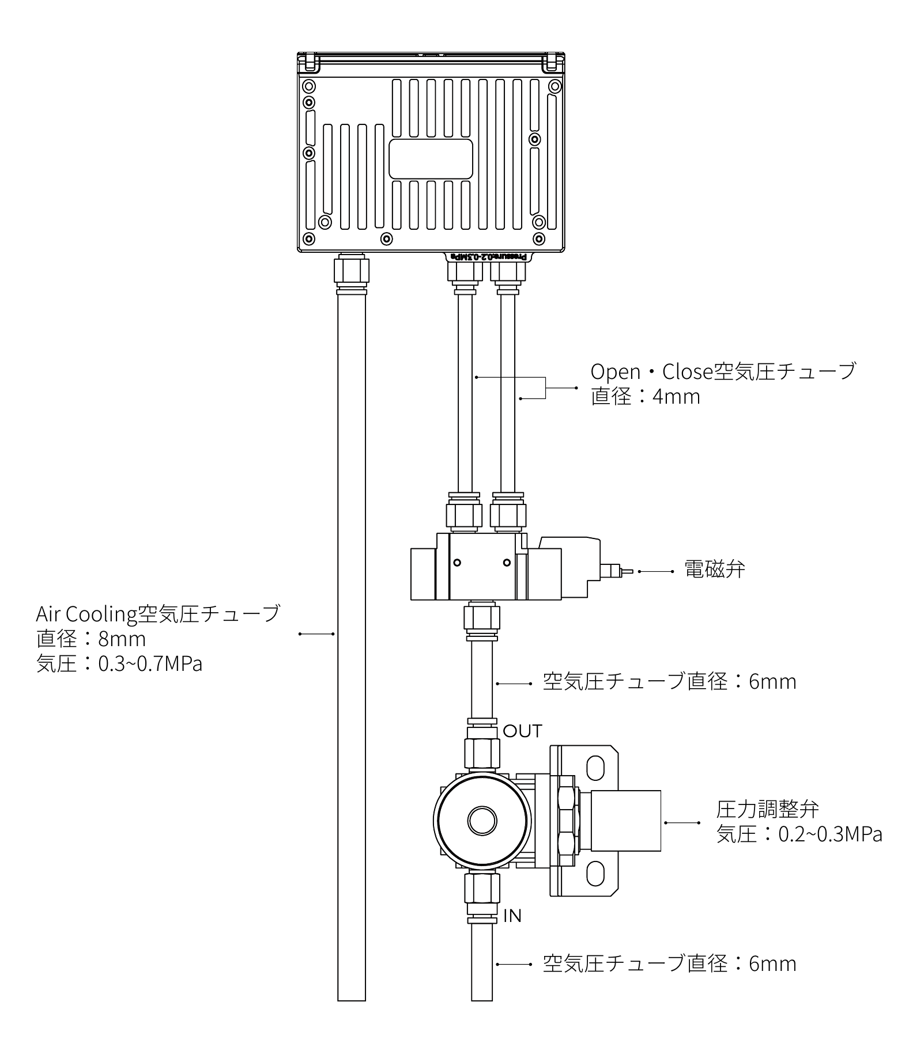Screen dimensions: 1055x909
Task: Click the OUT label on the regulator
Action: [x=522, y=731]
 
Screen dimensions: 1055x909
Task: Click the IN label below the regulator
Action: [x=512, y=916]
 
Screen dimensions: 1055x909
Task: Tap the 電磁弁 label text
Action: [x=714, y=570]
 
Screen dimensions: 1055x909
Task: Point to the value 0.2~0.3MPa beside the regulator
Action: [x=830, y=834]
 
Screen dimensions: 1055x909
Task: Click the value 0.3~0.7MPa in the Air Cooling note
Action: [x=150, y=664]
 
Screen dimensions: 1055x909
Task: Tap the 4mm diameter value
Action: [x=676, y=397]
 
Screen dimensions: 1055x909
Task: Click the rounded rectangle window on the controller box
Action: [x=431, y=158]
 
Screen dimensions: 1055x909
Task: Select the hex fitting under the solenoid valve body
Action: [x=482, y=620]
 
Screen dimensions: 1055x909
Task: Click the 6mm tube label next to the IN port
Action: [x=669, y=963]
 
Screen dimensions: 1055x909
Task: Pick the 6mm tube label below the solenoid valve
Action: [x=669, y=682]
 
